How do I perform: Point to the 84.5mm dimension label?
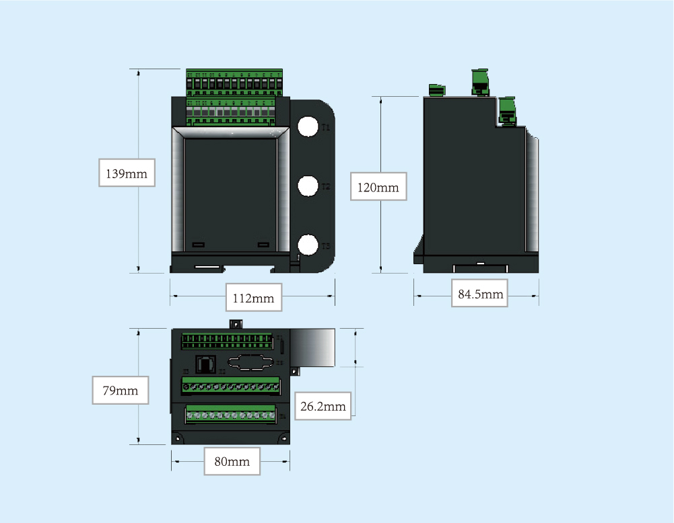tap(479, 294)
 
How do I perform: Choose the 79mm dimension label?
tap(120, 391)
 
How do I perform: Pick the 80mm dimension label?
tap(232, 461)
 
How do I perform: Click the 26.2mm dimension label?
tap(323, 406)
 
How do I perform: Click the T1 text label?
tap(325, 127)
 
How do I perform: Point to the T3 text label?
tap(325, 246)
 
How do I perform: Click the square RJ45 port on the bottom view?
tap(205, 364)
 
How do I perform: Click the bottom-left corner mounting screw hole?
tap(178, 439)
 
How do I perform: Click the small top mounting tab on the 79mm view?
tap(236, 324)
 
